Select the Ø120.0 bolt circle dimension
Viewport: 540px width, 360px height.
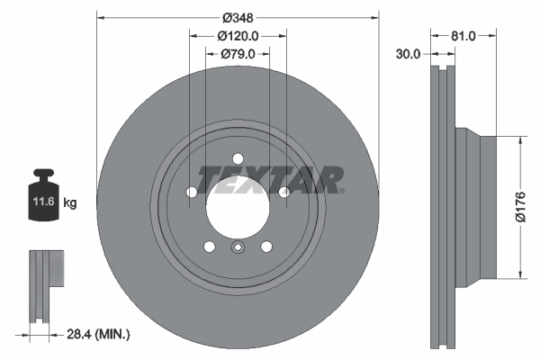[x=238, y=36]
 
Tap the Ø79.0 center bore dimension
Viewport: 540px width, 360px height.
[x=238, y=54]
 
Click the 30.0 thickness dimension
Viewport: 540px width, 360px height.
[x=409, y=54]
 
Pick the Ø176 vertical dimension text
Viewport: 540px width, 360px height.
[x=519, y=207]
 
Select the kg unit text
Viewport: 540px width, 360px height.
[x=70, y=203]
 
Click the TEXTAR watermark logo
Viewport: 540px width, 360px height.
[x=270, y=178]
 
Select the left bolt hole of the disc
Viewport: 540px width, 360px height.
[x=192, y=192]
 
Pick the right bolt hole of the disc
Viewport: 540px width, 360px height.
[x=283, y=192]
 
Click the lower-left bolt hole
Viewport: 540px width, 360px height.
[x=209, y=247]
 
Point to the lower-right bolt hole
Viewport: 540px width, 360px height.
[x=266, y=247]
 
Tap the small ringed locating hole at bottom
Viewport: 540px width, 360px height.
[x=238, y=249]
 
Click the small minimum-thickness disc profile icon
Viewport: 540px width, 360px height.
[x=45, y=285]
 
